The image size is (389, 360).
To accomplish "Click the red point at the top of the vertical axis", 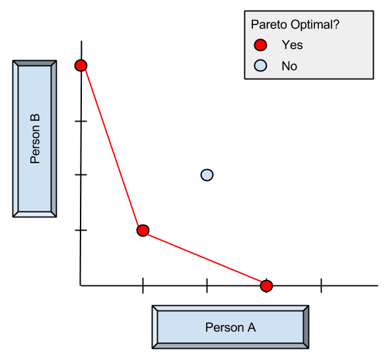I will click(81, 65).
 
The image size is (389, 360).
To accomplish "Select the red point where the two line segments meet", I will click(143, 231).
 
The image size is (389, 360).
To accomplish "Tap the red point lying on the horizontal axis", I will click(266, 285).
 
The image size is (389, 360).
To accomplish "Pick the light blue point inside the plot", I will click(207, 175).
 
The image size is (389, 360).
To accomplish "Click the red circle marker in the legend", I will click(261, 46).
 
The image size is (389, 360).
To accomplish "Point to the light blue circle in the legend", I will click(261, 65).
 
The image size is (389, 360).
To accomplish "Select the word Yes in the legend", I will click(292, 46).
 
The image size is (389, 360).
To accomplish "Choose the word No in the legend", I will click(289, 66).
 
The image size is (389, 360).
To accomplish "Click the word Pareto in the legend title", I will click(267, 25).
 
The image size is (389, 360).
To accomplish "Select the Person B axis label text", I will click(36, 139).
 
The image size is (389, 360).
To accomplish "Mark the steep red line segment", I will click(111, 147).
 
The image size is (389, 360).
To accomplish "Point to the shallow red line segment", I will click(205, 258).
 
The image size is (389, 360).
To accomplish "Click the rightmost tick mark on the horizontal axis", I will click(321, 285).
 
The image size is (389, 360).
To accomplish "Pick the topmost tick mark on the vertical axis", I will click(81, 122).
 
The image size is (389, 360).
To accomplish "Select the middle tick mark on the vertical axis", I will click(81, 174).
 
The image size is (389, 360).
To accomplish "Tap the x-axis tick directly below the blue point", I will click(207, 285).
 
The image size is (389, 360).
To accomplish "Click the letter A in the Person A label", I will click(251, 327).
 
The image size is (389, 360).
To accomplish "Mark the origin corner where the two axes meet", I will click(81, 285).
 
